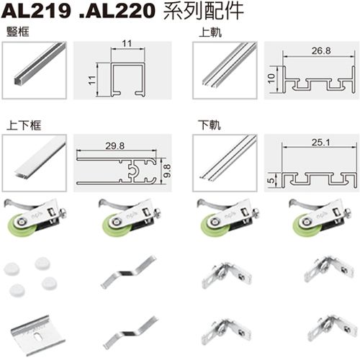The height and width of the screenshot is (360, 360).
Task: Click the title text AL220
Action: point(112,11)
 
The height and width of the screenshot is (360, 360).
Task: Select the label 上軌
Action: point(208,32)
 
